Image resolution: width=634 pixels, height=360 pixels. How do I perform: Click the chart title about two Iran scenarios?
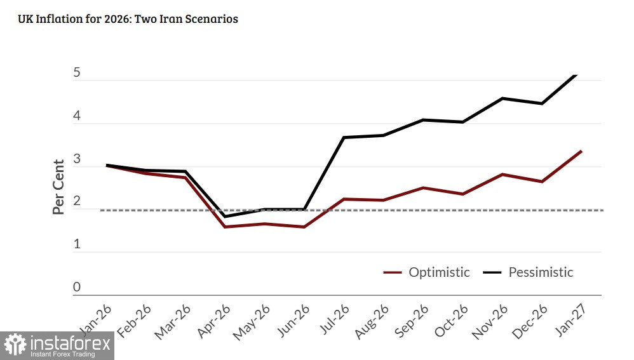(x=129, y=19)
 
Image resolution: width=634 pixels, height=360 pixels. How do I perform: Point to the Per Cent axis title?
(x=58, y=187)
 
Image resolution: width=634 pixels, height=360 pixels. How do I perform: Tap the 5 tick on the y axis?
(x=77, y=73)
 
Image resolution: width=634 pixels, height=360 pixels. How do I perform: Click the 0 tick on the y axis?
(x=77, y=288)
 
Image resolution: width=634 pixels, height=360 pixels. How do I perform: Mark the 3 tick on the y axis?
(x=77, y=159)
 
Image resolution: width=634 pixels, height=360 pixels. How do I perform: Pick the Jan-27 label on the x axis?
(x=574, y=321)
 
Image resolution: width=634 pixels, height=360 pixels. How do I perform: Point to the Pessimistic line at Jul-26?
(x=344, y=137)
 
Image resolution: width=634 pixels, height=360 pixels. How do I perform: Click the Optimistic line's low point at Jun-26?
(x=304, y=227)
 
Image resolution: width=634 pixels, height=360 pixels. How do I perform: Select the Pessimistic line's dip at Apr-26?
(x=225, y=217)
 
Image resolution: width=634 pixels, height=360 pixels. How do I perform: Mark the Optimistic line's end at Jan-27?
(x=581, y=151)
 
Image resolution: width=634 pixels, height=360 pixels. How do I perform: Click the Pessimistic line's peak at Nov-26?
(x=502, y=98)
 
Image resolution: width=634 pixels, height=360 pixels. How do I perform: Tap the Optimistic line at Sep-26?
(x=423, y=188)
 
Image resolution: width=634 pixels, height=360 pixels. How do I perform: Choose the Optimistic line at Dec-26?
(x=542, y=182)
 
